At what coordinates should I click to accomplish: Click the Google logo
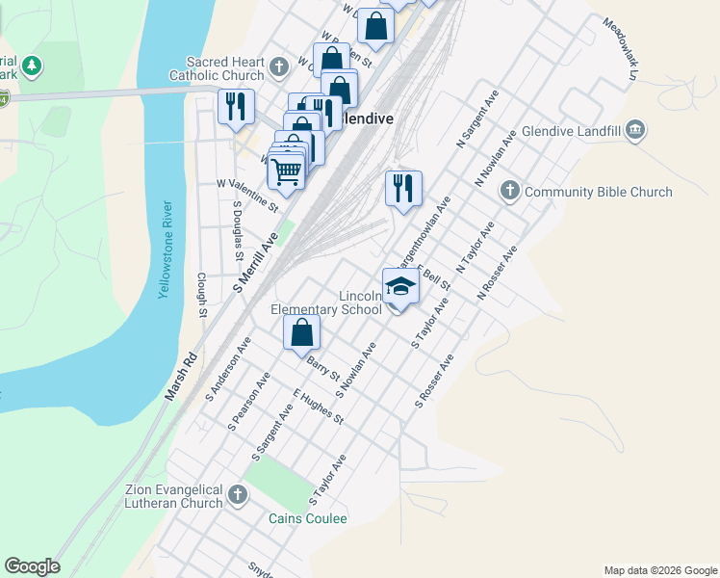pyautogui.click(x=32, y=566)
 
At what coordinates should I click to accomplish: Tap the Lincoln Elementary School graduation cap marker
pyautogui.click(x=401, y=286)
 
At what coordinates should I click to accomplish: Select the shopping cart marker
pyautogui.click(x=286, y=171)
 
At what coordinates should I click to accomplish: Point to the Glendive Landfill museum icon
pyautogui.click(x=634, y=131)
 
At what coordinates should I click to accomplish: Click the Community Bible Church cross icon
pyautogui.click(x=510, y=192)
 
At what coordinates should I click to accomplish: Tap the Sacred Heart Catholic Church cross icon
pyautogui.click(x=279, y=66)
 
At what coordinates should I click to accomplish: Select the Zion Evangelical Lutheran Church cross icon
pyautogui.click(x=237, y=496)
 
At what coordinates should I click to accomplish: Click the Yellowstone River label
pyautogui.click(x=167, y=250)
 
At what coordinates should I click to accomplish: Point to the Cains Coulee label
pyautogui.click(x=307, y=518)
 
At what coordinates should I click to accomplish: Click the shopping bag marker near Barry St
pyautogui.click(x=302, y=332)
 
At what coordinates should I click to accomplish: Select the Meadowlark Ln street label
pyautogui.click(x=621, y=48)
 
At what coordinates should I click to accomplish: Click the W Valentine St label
pyautogui.click(x=247, y=195)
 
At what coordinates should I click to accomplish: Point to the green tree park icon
pyautogui.click(x=33, y=66)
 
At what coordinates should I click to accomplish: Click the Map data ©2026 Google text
pyautogui.click(x=659, y=570)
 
